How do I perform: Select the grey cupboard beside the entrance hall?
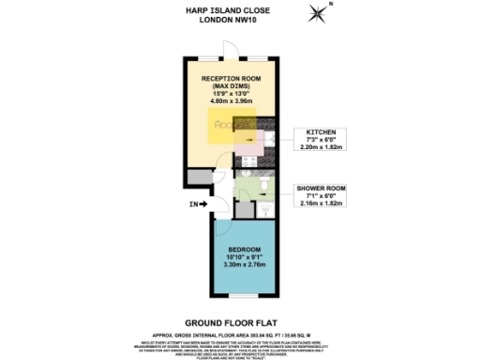[197, 176]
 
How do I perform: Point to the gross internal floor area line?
[238, 332]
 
